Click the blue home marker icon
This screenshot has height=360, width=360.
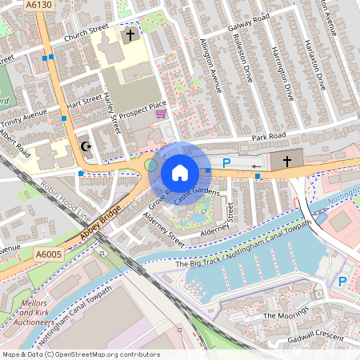[180, 173]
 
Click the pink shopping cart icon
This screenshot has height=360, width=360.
[162, 114]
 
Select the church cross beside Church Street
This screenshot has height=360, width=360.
[130, 34]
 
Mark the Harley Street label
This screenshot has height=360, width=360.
[111, 107]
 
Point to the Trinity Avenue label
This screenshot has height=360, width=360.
[24, 120]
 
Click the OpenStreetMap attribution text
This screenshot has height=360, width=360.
[80, 354]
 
